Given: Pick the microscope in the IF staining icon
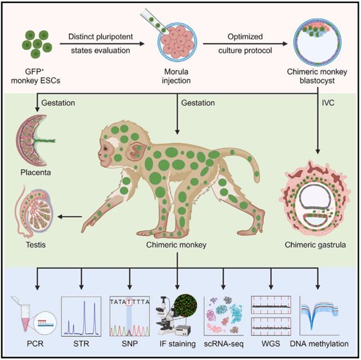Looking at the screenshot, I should click(x=169, y=318).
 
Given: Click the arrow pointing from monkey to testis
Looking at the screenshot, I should click(x=71, y=215).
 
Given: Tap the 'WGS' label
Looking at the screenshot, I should click(x=273, y=343).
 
